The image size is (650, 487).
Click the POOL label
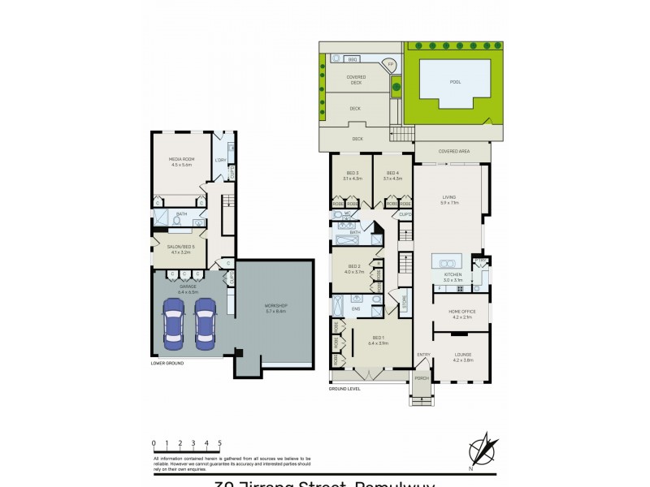[454, 82]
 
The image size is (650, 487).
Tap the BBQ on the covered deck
[353, 59]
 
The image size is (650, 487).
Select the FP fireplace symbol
[390, 64]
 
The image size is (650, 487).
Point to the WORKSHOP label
[276, 308]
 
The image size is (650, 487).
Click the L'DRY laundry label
[220, 160]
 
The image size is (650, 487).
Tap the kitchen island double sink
[446, 263]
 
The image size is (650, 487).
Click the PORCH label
[422, 378]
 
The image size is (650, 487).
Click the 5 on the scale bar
[219, 443]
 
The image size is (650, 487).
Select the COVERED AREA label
[454, 151]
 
